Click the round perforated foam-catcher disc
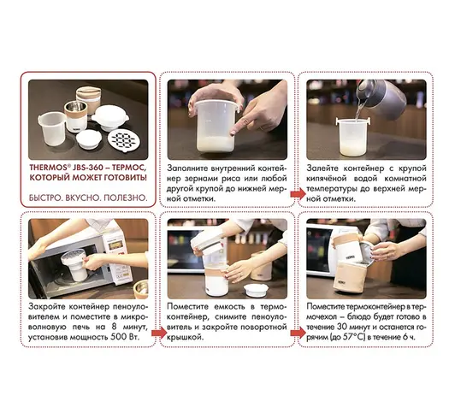pos(121,139)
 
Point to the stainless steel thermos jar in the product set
pos(75,116)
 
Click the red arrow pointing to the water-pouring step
pos(298,193)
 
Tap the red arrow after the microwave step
pos(159,333)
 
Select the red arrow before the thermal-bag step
pos(298,333)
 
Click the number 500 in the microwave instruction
pos(118,338)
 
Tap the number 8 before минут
pos(115,327)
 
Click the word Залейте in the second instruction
pos(322,168)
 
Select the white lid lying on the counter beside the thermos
pos(255,290)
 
